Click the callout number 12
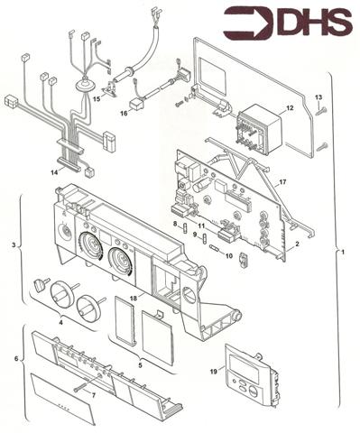(290, 108)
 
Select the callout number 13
(318, 97)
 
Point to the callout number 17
(282, 183)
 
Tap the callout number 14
(56, 170)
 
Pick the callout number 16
(124, 115)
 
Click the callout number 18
(133, 297)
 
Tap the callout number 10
(229, 256)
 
